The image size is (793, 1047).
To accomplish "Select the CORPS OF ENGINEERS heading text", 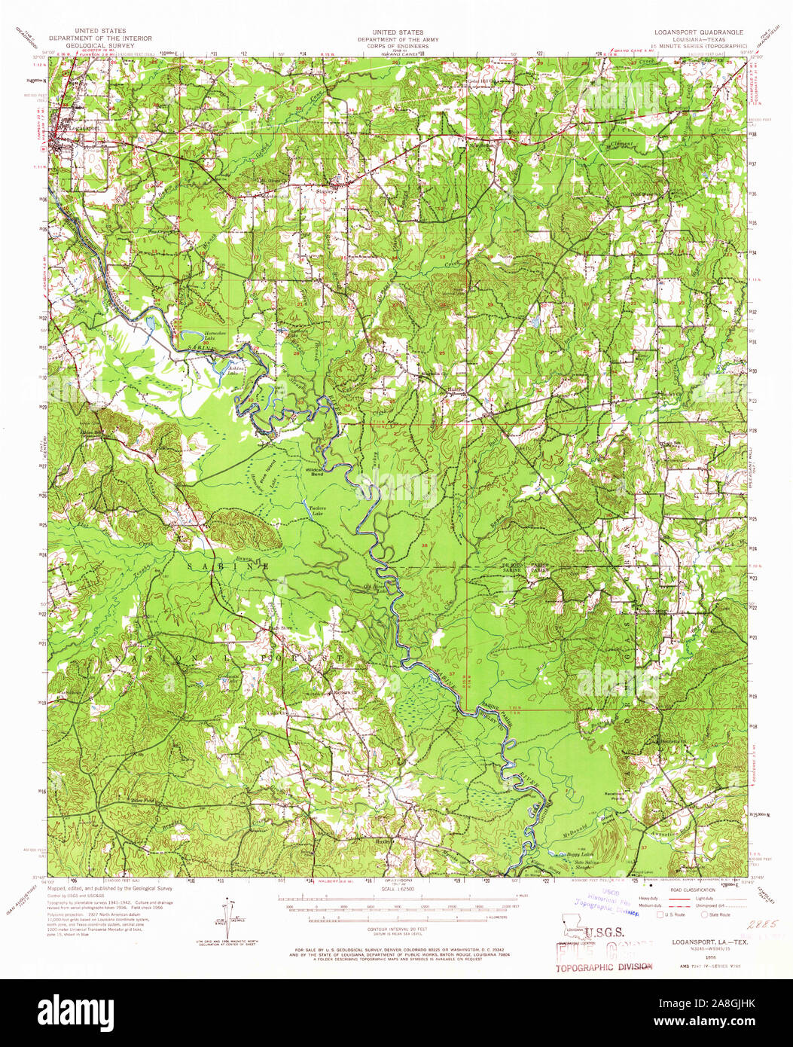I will click(x=390, y=46).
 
